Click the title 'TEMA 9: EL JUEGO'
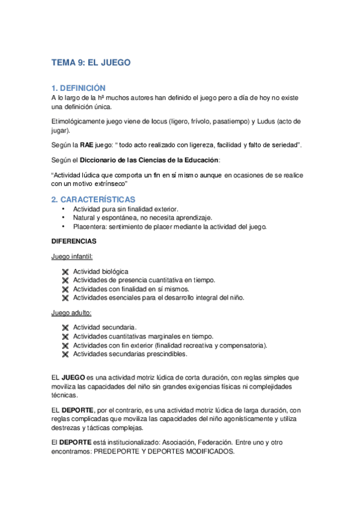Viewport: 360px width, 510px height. point(91,62)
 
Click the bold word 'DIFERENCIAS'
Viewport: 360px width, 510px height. point(75,241)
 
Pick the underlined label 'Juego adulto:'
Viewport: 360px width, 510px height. point(71,313)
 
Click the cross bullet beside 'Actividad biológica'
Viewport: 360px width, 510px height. point(65,272)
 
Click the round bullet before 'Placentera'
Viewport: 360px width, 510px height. point(63,227)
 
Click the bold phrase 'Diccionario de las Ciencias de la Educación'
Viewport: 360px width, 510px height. point(148,160)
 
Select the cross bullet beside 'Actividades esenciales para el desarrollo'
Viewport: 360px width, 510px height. point(65,298)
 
